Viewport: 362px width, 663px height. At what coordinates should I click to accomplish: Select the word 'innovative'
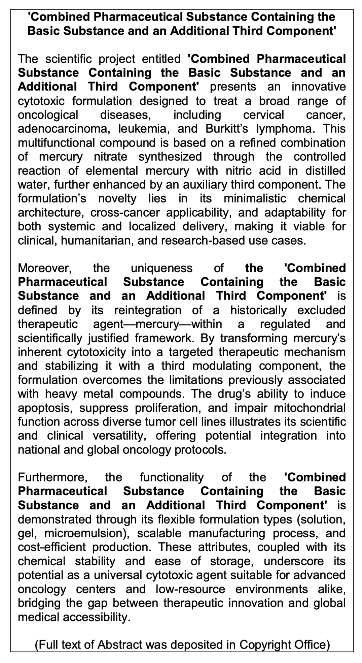(318, 87)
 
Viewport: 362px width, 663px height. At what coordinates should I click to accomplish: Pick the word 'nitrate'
(110, 157)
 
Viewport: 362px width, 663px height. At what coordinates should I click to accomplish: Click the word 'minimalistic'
(255, 199)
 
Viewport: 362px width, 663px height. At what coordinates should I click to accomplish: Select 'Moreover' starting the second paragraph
(45, 268)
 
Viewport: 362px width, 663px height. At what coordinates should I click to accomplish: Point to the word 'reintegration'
(148, 310)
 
